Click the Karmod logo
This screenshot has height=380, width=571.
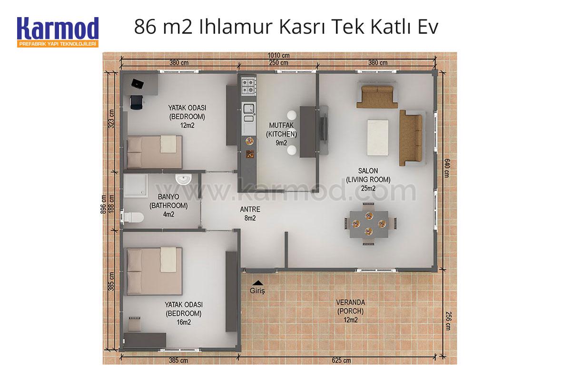click(58, 32)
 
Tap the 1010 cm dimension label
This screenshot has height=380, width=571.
click(279, 55)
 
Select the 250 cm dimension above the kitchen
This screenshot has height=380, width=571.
click(279, 63)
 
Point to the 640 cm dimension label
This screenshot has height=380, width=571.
click(447, 168)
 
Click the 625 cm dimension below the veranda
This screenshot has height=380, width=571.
click(341, 361)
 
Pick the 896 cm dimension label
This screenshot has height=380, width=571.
click(103, 204)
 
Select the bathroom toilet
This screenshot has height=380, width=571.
click(133, 218)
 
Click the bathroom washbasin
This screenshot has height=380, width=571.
click(183, 179)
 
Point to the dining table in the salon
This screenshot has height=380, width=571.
click(369, 224)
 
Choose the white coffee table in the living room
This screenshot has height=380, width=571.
click(377, 138)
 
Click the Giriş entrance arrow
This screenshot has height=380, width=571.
click(258, 282)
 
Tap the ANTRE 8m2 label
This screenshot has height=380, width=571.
click(250, 214)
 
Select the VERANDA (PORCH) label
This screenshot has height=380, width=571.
click(351, 307)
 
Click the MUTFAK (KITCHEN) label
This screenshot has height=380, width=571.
click(281, 130)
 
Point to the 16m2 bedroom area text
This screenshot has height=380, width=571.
click(184, 322)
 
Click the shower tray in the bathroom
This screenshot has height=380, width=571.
click(135, 185)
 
